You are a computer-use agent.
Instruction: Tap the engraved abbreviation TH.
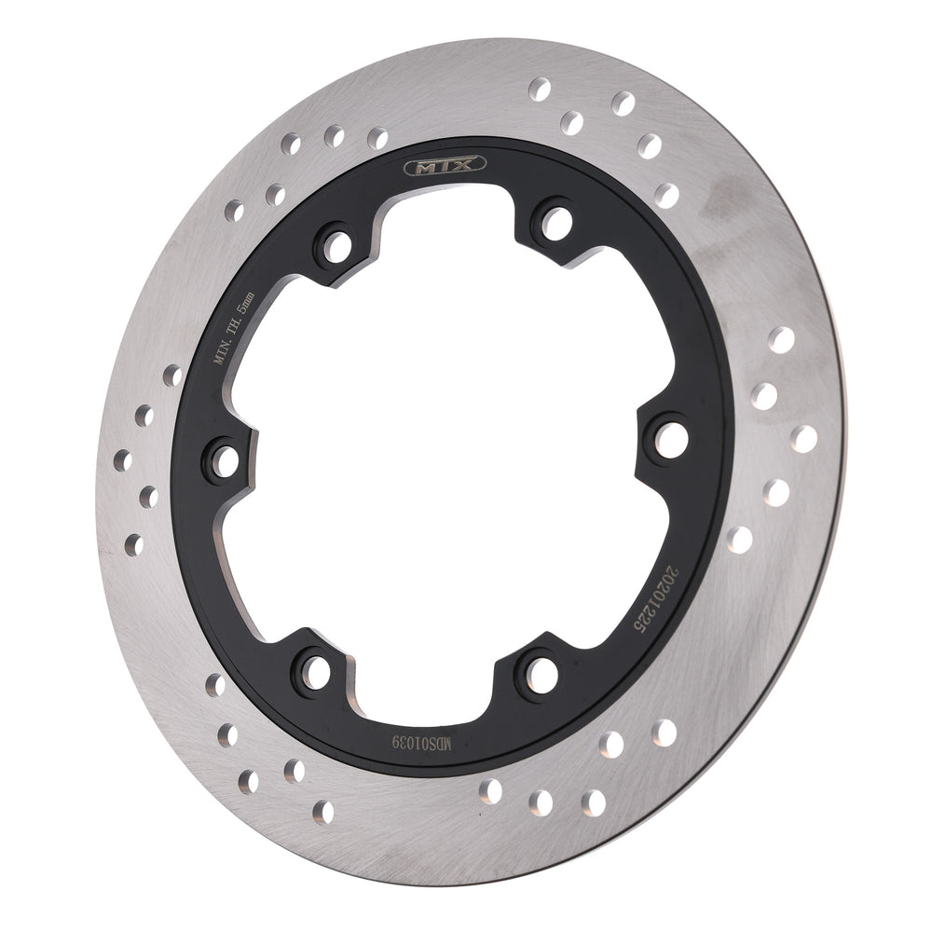(x=240, y=322)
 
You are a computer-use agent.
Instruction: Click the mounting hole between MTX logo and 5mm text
(x=336, y=245)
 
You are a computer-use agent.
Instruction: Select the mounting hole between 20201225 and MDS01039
(x=539, y=672)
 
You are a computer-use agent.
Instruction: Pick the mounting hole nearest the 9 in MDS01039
(x=315, y=670)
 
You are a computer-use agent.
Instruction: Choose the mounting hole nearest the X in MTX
(x=556, y=222)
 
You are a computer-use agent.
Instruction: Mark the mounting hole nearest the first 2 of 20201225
(x=670, y=439)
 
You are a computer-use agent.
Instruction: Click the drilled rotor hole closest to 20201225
(x=739, y=539)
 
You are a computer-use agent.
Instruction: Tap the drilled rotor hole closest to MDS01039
(x=490, y=790)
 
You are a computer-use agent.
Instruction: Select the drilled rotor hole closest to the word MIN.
(x=172, y=376)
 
